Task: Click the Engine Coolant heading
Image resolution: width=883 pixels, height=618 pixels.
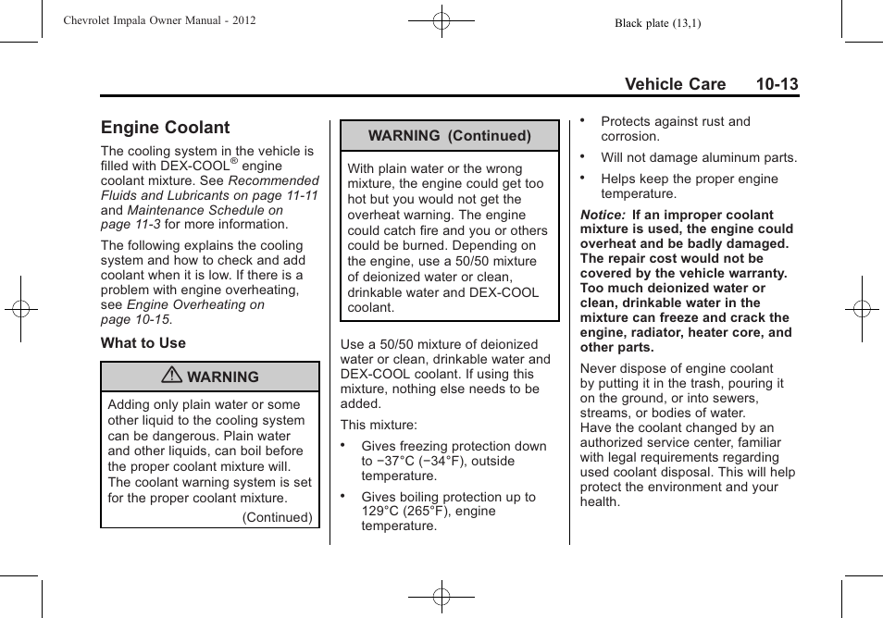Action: click(x=165, y=128)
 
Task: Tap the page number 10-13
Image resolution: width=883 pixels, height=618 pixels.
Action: click(x=776, y=84)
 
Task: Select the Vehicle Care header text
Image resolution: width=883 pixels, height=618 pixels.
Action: click(x=675, y=84)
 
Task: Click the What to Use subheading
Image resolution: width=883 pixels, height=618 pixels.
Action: click(x=143, y=343)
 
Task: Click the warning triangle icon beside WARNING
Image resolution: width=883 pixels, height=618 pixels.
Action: click(x=171, y=377)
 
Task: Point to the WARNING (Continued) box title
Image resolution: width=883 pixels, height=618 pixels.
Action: click(x=449, y=135)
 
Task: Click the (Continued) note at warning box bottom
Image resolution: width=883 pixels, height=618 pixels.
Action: click(x=277, y=517)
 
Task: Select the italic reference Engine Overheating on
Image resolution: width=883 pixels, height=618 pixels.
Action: click(x=195, y=304)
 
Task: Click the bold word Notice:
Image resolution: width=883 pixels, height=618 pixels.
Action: click(x=603, y=215)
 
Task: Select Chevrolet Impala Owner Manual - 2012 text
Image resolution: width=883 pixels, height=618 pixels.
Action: click(x=159, y=20)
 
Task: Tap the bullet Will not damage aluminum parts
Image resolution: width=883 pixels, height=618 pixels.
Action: click(x=698, y=158)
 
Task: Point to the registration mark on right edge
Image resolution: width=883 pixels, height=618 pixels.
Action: click(x=861, y=308)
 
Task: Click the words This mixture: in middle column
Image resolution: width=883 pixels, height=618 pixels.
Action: click(x=379, y=426)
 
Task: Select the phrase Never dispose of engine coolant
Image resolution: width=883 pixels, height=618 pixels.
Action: click(x=676, y=368)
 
